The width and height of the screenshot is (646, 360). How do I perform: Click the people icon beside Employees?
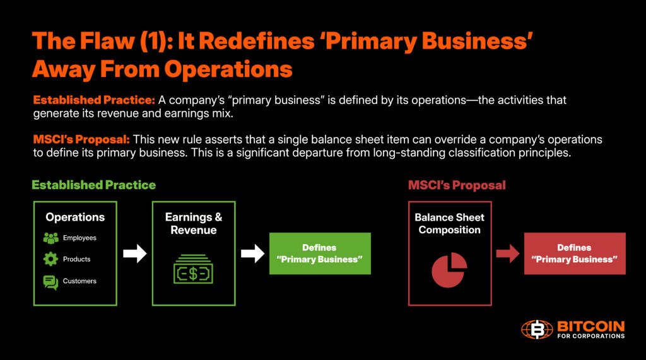pos(51,238)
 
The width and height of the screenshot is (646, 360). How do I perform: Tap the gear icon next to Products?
pos(50,259)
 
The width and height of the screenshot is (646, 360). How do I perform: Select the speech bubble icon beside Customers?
pos(50,282)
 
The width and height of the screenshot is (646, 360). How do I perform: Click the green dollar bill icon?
pos(194,269)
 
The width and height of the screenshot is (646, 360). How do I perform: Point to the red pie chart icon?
pos(449,269)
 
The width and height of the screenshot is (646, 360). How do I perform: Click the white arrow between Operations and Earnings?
pos(135,254)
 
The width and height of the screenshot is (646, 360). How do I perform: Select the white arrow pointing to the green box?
pos(252,254)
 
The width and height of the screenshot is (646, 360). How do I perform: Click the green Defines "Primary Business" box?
pos(319,253)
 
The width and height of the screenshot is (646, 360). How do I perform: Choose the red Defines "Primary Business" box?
pos(574,253)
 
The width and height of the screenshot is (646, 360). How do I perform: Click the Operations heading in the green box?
pos(75,218)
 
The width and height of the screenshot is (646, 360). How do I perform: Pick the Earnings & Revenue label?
pos(194,224)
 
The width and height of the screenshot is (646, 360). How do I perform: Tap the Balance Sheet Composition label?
pos(449,224)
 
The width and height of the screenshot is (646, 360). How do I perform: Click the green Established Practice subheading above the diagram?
pos(94,185)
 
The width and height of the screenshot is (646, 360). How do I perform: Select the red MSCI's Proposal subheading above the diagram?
pos(457,185)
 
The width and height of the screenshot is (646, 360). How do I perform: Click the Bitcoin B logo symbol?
pos(536,330)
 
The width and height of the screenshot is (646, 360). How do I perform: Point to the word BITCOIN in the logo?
pos(590,325)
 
